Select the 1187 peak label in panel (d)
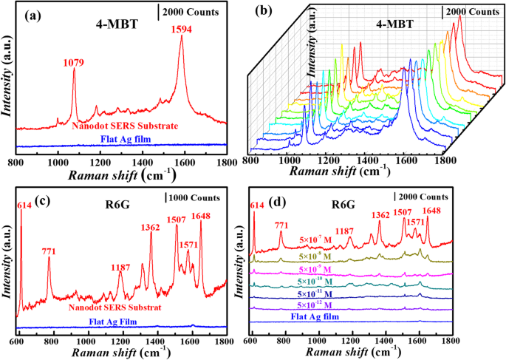[x=343, y=231]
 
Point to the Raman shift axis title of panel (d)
[x=347, y=352]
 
